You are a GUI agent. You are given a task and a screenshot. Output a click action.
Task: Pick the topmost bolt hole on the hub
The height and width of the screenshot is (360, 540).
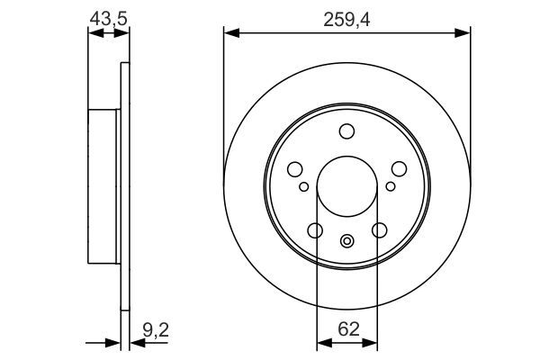coord(346,132)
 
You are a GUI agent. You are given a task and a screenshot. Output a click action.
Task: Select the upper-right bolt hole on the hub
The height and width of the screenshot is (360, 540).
coord(398,169)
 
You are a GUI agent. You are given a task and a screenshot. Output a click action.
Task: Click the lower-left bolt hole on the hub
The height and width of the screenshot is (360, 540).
coord(315,230)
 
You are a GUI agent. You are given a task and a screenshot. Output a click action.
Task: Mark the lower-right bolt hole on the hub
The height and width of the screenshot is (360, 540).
coord(379,230)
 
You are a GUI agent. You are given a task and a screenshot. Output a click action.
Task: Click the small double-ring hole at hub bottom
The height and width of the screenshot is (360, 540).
coord(346,239)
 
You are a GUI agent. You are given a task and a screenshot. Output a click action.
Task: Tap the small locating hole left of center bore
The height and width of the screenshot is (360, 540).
coord(304,186)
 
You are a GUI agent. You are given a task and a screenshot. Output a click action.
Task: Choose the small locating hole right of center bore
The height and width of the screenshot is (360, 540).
coord(390,186)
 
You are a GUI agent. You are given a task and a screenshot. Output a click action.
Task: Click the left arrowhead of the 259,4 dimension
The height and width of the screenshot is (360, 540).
coord(229,33)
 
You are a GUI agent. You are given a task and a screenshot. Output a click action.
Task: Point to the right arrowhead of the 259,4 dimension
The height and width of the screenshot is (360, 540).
coord(464,33)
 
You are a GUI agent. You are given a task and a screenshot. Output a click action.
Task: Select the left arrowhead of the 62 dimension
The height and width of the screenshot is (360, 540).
coord(321,341)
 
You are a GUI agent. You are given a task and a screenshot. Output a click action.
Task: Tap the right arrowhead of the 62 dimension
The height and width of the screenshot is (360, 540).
coord(372,341)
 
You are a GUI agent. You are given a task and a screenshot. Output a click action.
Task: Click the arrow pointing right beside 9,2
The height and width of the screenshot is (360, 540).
coord(113,342)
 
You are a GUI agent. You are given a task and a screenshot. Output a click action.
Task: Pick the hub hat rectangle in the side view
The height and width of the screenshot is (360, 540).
coord(103,184)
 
